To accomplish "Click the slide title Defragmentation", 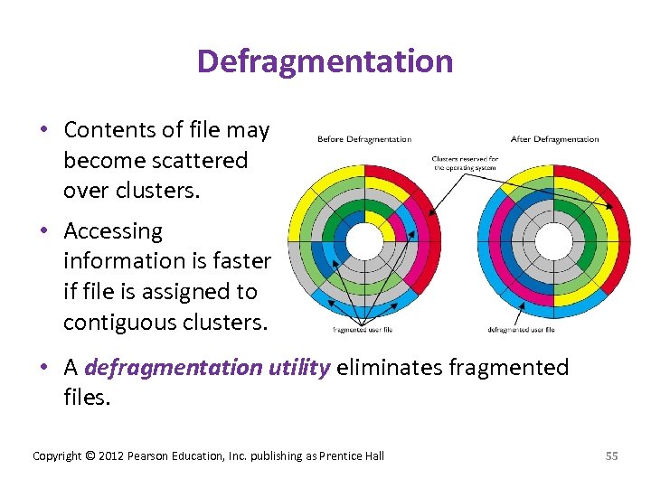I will (325, 61).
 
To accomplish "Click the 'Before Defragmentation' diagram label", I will (364, 139).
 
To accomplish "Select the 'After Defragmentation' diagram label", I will (554, 139).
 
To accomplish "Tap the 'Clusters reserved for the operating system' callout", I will (465, 164).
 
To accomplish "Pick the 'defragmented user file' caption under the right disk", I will (521, 329).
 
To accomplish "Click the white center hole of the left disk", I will (365, 241).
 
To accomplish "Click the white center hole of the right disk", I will (553, 240).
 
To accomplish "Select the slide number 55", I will (611, 455).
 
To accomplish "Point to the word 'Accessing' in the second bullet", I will (113, 231).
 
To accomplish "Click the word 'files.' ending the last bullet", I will (87, 398).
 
